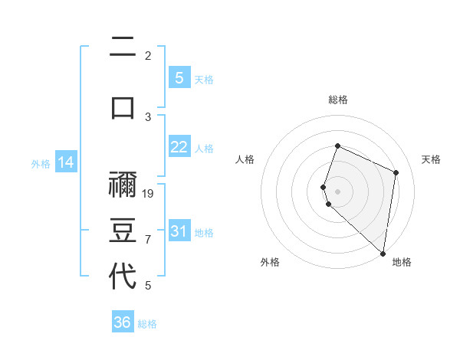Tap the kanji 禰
click(123, 185)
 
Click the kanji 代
click(123, 276)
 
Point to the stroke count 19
click(149, 194)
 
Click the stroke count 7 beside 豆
click(148, 240)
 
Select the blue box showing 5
click(179, 78)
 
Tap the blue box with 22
click(179, 148)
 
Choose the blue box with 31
click(179, 231)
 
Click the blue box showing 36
click(123, 322)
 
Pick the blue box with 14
click(66, 162)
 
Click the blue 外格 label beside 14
click(41, 164)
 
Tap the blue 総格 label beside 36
click(147, 324)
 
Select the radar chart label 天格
click(431, 159)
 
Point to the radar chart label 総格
click(337, 100)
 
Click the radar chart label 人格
click(245, 159)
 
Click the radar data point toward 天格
click(396, 172)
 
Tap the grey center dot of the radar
click(337, 191)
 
